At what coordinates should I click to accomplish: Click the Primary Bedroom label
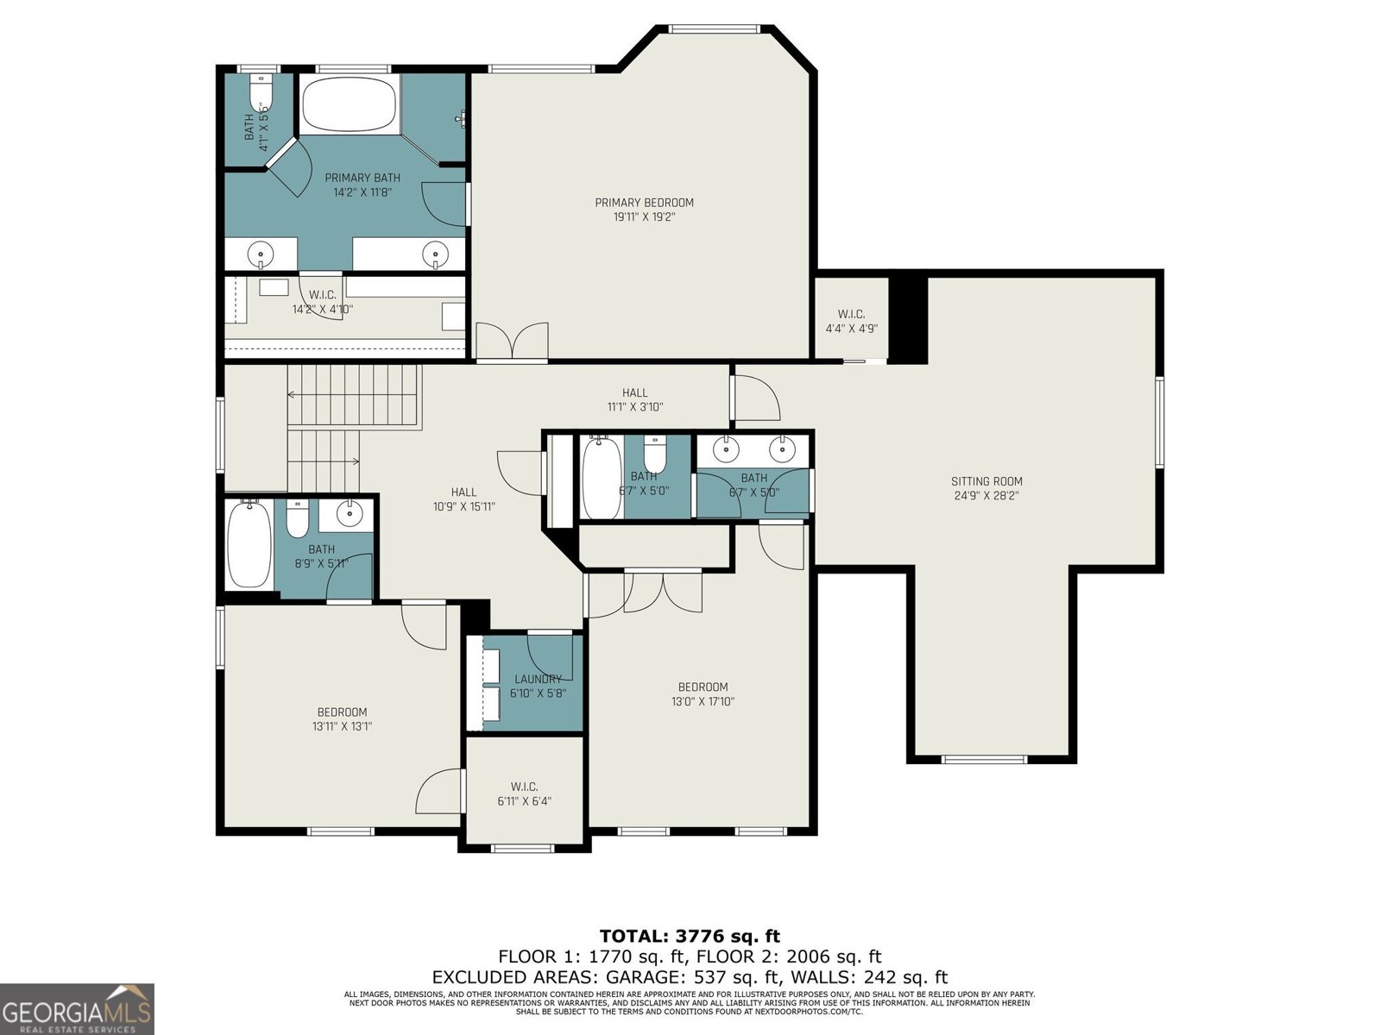[x=644, y=203]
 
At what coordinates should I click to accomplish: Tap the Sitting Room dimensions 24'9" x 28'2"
[x=986, y=496]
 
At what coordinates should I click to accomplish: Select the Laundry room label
[x=538, y=679]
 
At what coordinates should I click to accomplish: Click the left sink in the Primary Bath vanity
[x=261, y=254]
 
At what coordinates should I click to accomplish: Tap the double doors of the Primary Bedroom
[x=512, y=341]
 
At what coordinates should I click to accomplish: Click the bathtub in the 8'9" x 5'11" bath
[x=249, y=545]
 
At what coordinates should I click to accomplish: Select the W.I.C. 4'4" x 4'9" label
[x=851, y=321]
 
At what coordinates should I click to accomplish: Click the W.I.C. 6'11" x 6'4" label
[x=524, y=793]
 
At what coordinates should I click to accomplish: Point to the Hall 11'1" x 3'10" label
[x=635, y=399]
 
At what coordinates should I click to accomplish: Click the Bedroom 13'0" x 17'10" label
[x=703, y=694]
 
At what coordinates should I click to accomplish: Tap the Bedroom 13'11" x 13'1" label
[x=342, y=718]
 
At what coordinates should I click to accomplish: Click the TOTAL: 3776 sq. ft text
[x=690, y=936]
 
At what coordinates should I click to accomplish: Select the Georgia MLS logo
[x=77, y=1008]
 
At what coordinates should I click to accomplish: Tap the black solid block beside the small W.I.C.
[x=908, y=319]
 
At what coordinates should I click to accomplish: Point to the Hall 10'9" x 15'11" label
[x=463, y=499]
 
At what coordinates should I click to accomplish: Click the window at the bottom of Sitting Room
[x=983, y=759]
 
